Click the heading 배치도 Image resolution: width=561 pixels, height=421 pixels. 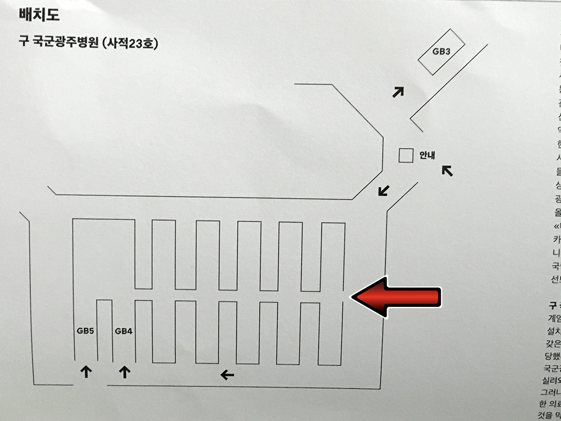39,16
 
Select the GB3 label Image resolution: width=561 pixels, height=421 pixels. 441,51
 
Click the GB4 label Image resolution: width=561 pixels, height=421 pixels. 124,331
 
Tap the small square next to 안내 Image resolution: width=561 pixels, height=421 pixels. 406,155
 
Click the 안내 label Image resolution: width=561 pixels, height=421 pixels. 427,155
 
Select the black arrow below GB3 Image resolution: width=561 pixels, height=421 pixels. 398,92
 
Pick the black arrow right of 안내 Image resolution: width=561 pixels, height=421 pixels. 447,171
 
